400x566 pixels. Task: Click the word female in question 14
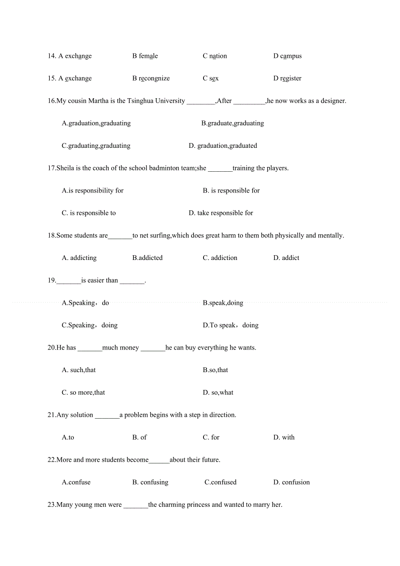[x=148, y=56]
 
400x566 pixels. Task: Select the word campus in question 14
[x=291, y=56]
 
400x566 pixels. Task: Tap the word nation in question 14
[x=218, y=56]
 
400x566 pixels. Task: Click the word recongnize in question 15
[x=154, y=79]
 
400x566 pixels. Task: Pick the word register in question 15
[x=291, y=79]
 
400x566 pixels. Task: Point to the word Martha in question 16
[x=98, y=101]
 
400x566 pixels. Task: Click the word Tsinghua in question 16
[x=140, y=101]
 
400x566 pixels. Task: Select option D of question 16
[x=223, y=146]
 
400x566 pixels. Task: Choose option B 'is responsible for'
[x=231, y=190]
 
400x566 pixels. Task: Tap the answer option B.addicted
[x=147, y=258]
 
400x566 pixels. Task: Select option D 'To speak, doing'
[x=230, y=325]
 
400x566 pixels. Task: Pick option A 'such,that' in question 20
[x=79, y=370]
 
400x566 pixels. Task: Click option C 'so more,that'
[x=83, y=393]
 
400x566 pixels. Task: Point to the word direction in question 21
[x=223, y=415]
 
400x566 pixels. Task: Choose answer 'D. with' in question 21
[x=284, y=437]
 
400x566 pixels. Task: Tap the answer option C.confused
[x=220, y=482]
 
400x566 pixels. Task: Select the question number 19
[x=52, y=280]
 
